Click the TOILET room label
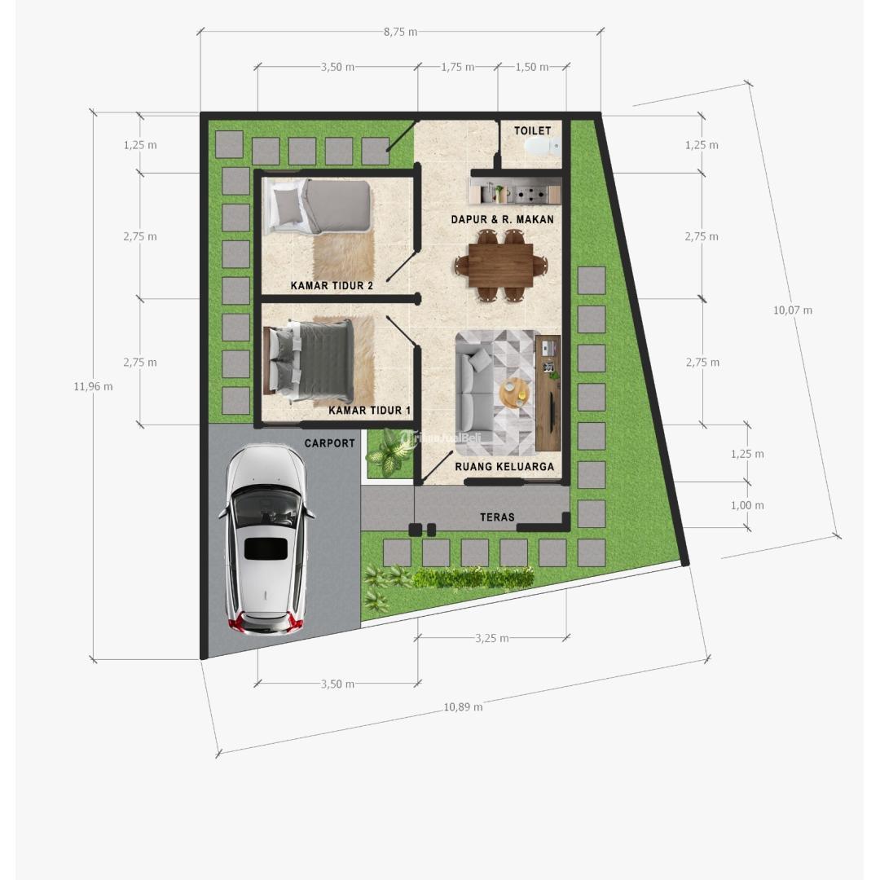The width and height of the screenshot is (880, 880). point(532,130)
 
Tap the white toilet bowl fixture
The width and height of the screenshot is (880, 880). point(540,147)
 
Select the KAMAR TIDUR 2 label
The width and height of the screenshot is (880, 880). point(332,285)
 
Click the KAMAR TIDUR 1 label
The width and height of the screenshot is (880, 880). point(370,410)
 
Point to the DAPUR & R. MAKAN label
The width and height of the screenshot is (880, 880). point(502,219)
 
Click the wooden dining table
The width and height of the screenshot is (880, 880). point(500,265)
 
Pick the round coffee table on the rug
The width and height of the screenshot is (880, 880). point(514,393)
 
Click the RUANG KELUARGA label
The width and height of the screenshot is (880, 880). point(504,467)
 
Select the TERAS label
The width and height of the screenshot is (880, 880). point(497,517)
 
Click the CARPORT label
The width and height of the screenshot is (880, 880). point(330,443)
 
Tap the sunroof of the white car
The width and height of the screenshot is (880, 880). point(266,548)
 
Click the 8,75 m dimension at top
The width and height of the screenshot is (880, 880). point(400,32)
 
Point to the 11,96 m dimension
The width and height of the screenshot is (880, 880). point(93,386)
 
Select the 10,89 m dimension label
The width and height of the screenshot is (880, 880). point(463,706)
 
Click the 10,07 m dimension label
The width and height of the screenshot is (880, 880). point(792,310)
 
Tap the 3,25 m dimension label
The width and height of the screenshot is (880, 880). point(492,638)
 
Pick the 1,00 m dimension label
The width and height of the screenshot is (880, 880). point(747,505)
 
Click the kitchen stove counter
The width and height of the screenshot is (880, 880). point(515,194)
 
